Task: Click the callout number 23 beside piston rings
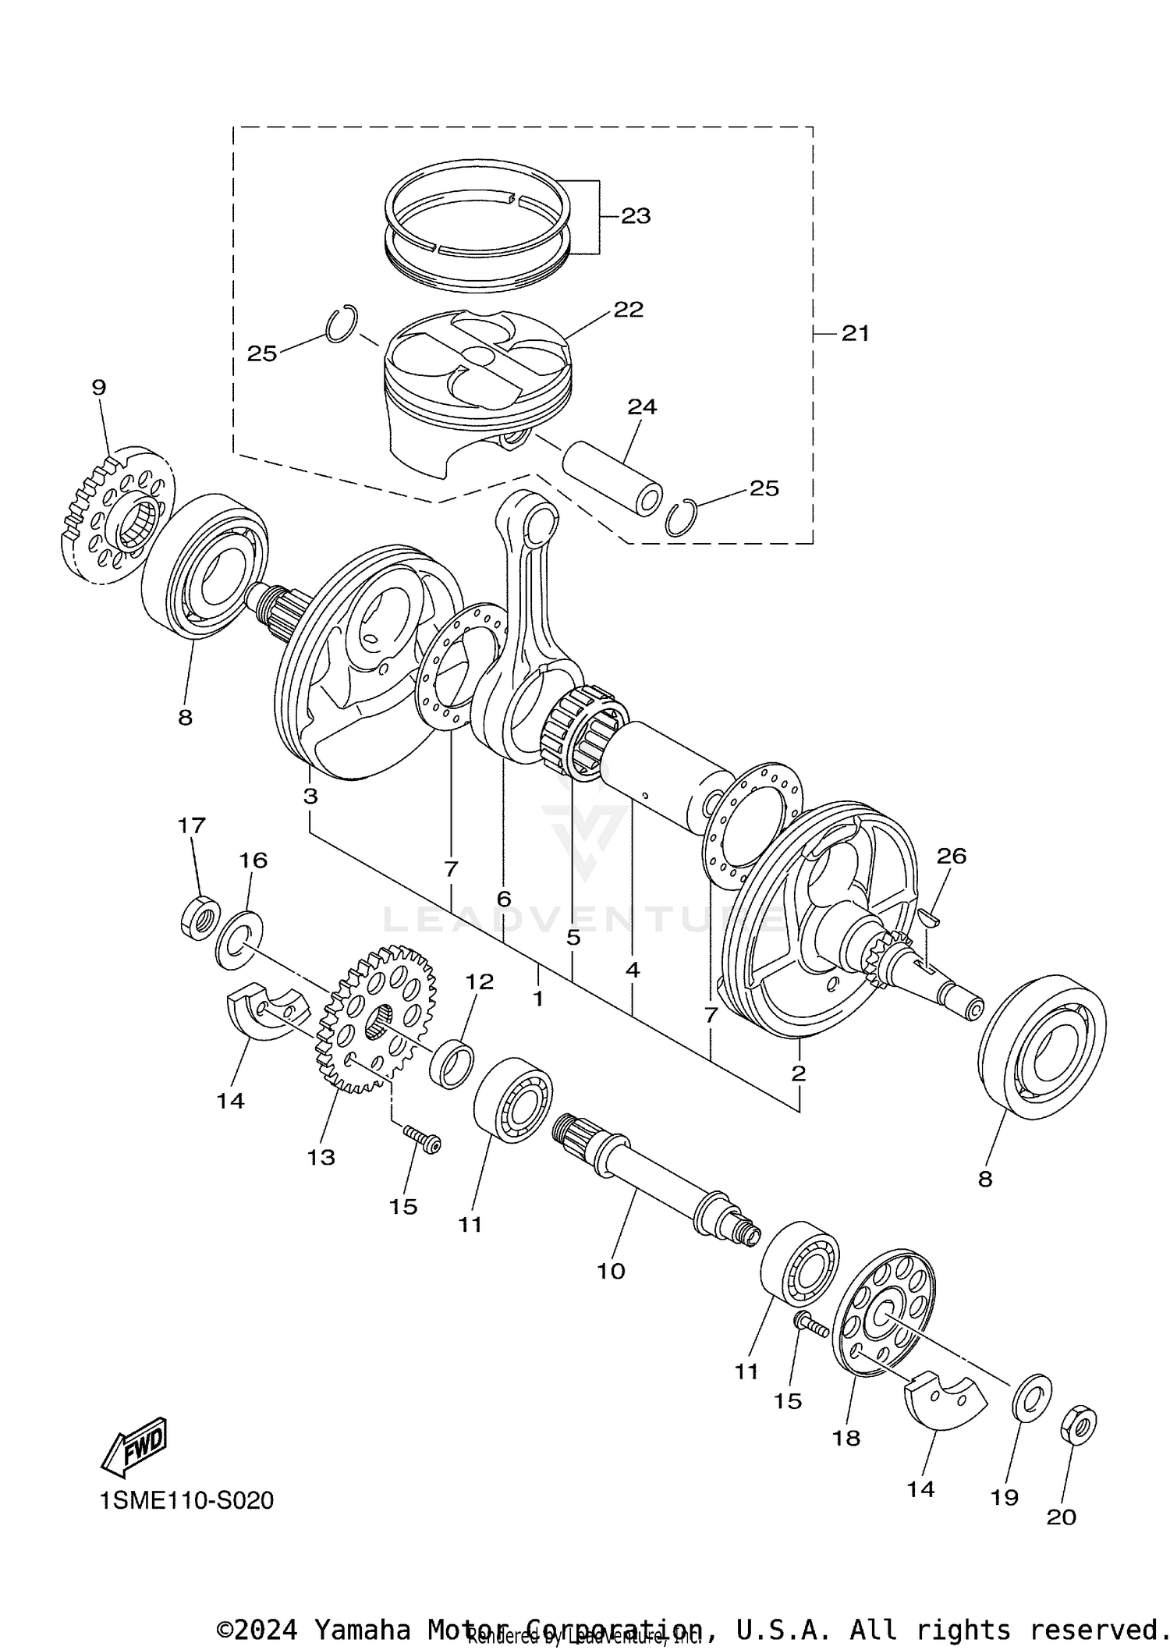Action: click(636, 216)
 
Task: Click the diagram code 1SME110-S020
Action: click(186, 1500)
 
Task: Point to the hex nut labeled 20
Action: click(1078, 1425)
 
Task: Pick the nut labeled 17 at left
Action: click(200, 917)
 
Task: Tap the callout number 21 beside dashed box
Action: click(855, 334)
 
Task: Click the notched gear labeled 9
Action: click(117, 516)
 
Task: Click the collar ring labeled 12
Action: click(452, 1063)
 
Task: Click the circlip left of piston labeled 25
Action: click(341, 323)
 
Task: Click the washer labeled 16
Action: click(239, 939)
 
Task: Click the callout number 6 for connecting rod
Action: click(504, 900)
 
